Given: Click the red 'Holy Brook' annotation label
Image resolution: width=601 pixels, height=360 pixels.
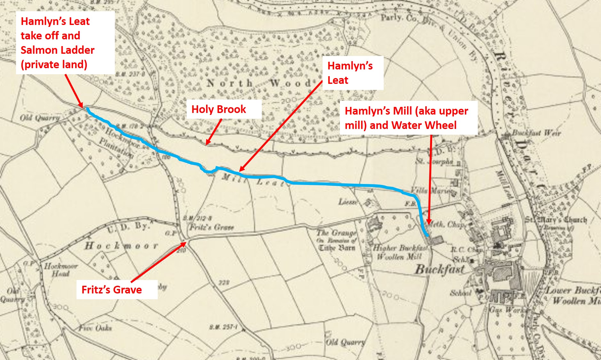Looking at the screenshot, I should (219, 109).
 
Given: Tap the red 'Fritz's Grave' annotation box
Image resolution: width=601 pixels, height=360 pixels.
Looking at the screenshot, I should (112, 290).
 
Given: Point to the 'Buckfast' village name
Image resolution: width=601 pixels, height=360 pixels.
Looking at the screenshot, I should (440, 269).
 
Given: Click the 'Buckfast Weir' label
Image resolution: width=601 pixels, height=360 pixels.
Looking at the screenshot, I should (536, 133).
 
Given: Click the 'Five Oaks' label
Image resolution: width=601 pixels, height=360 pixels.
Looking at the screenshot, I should (95, 328).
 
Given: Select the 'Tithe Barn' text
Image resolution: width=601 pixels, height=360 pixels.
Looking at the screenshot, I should (337, 248).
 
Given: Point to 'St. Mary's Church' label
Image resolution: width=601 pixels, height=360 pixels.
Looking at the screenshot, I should (556, 220).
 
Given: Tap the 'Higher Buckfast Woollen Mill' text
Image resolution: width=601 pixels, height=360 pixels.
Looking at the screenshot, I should (400, 252).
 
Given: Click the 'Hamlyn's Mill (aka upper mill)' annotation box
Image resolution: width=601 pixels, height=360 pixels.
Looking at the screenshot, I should (406, 118).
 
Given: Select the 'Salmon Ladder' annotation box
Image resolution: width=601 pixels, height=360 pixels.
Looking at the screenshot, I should (58, 43).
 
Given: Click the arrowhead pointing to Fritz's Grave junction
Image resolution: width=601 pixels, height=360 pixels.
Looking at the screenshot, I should (185, 243).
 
